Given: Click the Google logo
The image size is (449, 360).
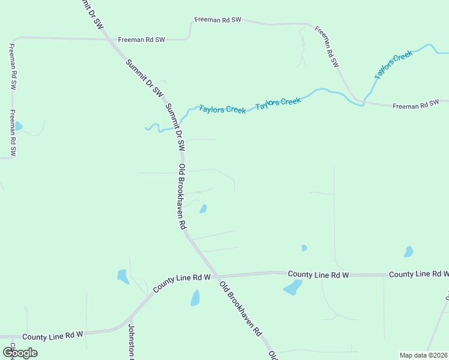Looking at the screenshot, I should coord(20,353).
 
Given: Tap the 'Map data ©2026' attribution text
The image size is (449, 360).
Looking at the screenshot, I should coord(423,355).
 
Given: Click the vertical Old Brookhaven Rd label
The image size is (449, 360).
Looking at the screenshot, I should coord(182,196).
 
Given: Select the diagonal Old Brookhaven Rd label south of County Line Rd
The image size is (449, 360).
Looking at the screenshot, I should coord(240,308).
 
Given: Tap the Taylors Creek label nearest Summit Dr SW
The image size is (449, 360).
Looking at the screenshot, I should coord(222,110).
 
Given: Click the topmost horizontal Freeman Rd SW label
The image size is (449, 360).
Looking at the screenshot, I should coord(218,20).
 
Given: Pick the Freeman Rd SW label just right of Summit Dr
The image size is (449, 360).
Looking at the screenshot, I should coord(141,40).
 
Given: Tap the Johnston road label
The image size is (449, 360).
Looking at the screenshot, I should coord(131,342).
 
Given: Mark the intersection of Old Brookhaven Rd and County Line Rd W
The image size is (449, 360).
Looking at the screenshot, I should coord(214,276).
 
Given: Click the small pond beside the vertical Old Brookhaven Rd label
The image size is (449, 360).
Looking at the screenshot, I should coord(203,209).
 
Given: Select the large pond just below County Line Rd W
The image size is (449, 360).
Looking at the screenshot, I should coord(292,288).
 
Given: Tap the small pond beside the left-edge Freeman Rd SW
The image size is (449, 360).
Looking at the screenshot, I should coord(18,127).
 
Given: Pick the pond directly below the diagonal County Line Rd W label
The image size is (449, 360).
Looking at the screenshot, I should coord(194,298).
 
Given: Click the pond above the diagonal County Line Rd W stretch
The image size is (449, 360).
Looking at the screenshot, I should coord(123,276).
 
